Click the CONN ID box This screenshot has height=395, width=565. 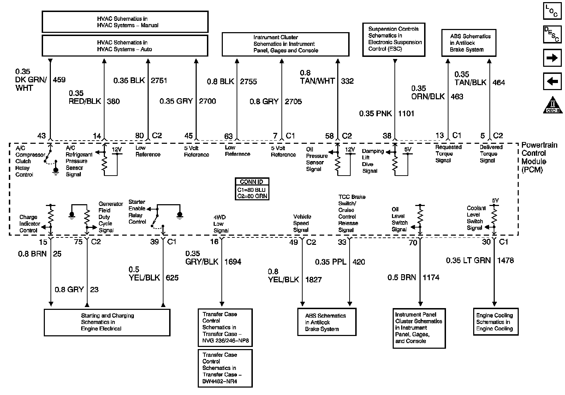pos(252,189)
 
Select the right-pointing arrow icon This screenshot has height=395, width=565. pos(552,58)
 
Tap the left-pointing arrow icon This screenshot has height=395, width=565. pos(552,82)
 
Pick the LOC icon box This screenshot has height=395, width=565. pos(552,11)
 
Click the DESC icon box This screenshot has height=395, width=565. pos(552,35)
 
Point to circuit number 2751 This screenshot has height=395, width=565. pos(159,81)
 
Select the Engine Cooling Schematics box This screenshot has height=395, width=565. pos(494,322)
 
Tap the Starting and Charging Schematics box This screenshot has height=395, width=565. pos(107,322)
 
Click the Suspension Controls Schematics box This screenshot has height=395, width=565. pos(394,39)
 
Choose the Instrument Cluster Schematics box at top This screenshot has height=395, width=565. pos(285,44)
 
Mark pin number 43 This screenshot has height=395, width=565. pos(42,136)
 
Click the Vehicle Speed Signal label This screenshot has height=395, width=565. pos(302,223)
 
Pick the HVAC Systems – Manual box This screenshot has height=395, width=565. pos(125,22)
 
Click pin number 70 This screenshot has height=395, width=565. pos(412,242)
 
